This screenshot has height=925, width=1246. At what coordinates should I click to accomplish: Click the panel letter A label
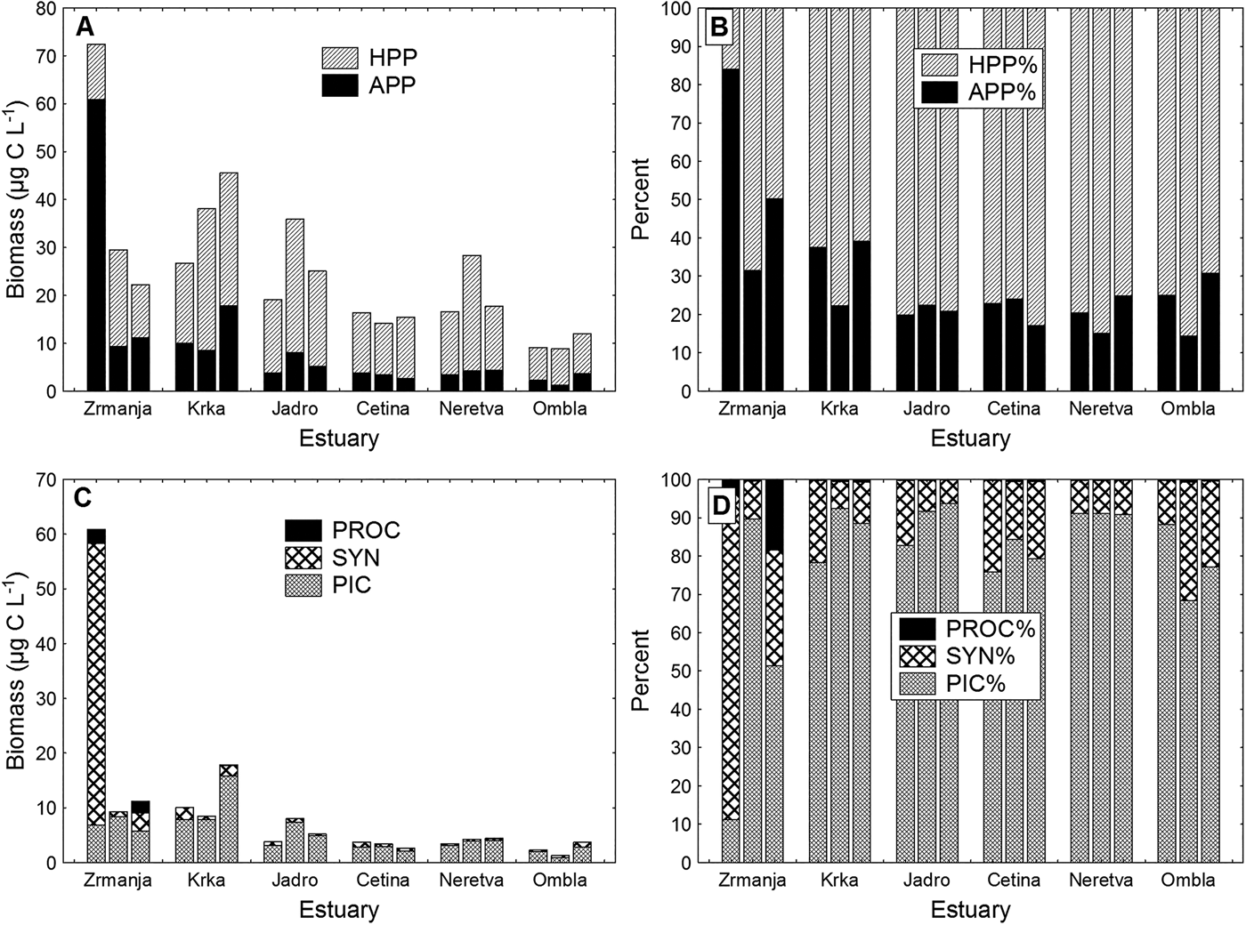(x=85, y=27)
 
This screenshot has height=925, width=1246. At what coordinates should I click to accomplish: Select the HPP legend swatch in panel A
(x=339, y=59)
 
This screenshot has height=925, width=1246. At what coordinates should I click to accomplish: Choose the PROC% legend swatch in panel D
(x=917, y=629)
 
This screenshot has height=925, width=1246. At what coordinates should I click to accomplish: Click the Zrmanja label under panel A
(x=117, y=409)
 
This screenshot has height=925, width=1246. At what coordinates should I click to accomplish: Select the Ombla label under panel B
(x=1187, y=409)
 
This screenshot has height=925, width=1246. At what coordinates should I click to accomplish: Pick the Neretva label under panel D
(x=1104, y=881)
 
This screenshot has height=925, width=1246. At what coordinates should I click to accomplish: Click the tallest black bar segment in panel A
(x=96, y=245)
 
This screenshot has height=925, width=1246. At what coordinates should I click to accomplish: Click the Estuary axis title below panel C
(x=339, y=910)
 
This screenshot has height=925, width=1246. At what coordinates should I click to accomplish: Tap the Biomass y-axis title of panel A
(x=16, y=199)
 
